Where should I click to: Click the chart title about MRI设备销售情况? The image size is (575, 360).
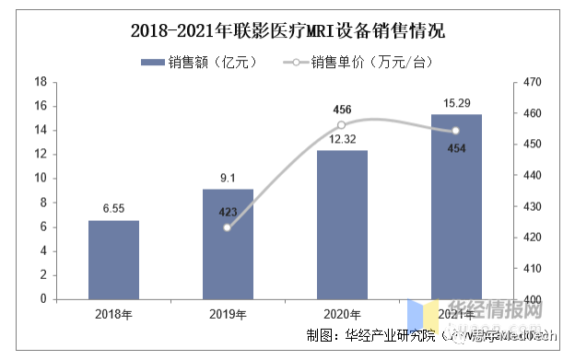287,31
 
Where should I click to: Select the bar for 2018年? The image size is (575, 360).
113,260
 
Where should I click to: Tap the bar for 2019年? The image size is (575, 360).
228,244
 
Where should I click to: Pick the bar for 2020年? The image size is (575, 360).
342,225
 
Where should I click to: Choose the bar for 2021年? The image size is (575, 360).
456,206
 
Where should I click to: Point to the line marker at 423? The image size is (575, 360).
228,226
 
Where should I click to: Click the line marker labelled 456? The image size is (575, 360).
342,125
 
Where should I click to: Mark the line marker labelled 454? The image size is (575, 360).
456,131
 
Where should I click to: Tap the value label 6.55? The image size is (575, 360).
113,209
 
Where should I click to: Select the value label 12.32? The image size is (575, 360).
342,139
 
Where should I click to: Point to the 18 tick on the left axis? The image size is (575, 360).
41,82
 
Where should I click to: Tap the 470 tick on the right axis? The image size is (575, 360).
530,83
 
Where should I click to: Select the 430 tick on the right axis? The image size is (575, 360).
530,206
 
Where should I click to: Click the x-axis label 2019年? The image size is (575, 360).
228,315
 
